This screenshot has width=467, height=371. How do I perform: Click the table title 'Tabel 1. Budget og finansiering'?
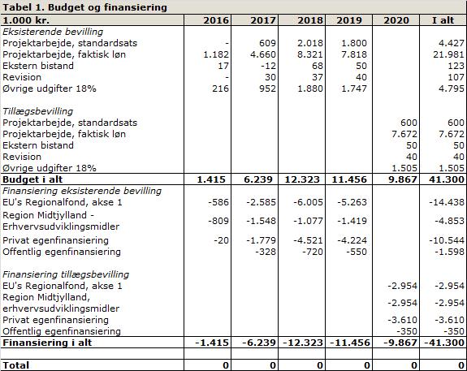pos(84,7)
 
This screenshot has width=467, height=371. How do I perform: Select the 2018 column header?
pos(310,20)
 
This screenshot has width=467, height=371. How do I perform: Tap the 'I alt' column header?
pos(443,20)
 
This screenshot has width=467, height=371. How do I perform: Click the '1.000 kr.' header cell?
pos(26,20)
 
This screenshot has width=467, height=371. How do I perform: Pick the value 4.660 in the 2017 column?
pos(263,54)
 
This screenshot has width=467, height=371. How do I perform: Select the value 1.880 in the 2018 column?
pos(310,88)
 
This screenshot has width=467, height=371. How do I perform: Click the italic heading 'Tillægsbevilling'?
pos(38,111)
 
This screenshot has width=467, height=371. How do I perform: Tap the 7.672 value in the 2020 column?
pos(404,134)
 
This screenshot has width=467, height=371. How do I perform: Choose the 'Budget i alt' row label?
pos(32,179)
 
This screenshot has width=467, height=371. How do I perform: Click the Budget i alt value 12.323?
pos(302,179)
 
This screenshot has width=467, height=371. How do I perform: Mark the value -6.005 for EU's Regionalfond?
pos(309,202)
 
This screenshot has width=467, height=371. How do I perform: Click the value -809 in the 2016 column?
pos(218,221)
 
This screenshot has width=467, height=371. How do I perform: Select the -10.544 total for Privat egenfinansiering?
pos(447,240)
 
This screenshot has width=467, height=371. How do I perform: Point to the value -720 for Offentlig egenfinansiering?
pos(313,252)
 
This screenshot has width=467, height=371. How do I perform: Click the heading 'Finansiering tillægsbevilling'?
pos(66,274)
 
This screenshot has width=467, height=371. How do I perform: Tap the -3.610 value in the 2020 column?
pos(402,320)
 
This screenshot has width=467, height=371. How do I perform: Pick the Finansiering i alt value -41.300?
pos(444,343)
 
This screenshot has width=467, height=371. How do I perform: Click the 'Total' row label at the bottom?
pos(15,365)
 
